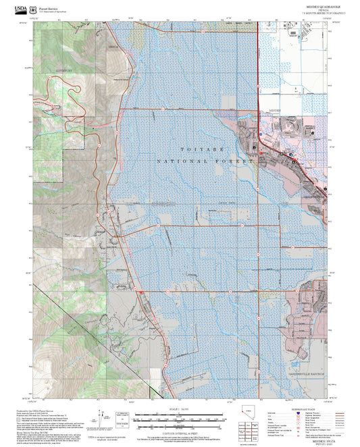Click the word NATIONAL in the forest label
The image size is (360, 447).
point(178,162)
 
